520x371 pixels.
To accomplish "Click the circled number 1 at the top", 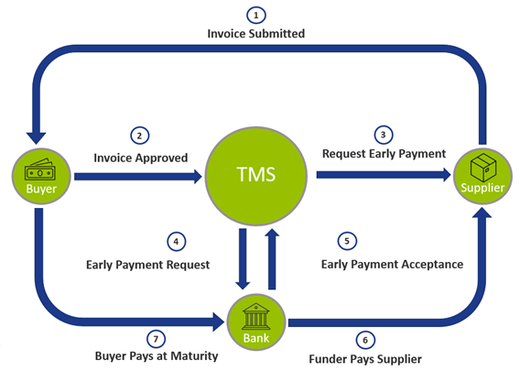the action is coord(256,16).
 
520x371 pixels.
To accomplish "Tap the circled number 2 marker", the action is coord(140,136).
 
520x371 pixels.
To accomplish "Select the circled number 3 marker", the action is coord(384,135).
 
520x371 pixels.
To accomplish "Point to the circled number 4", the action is coord(176,241).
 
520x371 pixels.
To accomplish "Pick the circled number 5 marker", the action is coord(347,241).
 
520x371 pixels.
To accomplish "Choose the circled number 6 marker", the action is coord(365,340).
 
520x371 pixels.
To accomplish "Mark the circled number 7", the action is coord(156,339).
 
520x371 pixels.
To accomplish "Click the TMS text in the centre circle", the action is coord(256,174).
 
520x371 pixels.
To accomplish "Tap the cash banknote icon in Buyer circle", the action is coord(40,169).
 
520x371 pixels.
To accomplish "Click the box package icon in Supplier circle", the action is coord(483,167).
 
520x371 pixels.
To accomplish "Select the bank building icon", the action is coord(256,316).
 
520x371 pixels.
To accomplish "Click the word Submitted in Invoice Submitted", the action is coord(276,34).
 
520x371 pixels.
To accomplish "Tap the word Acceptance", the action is coord(432,265).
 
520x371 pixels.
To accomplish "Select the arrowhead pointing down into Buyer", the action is coord(36,138).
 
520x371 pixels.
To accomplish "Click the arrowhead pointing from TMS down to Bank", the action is coord(243,286).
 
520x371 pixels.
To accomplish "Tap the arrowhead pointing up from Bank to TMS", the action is coord(272,233).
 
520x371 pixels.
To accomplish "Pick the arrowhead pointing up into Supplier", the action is coord(482,212).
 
